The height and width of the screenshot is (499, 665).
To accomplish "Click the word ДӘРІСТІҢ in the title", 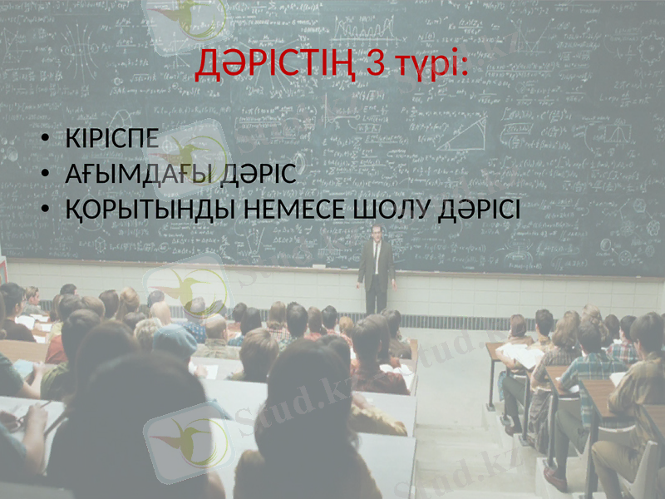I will click(270, 65).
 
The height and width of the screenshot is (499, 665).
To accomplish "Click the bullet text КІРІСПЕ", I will click(111, 139).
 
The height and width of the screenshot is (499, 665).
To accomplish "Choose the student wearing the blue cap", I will click(175, 340).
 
